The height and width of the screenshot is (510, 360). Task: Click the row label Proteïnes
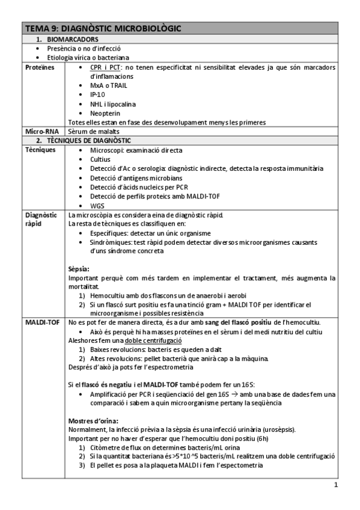click(40, 67)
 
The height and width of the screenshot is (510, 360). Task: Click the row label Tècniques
click(40, 150)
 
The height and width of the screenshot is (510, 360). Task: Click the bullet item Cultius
click(101, 159)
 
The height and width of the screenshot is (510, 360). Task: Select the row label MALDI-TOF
click(41, 322)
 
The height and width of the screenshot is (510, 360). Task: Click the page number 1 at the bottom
click(336, 485)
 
